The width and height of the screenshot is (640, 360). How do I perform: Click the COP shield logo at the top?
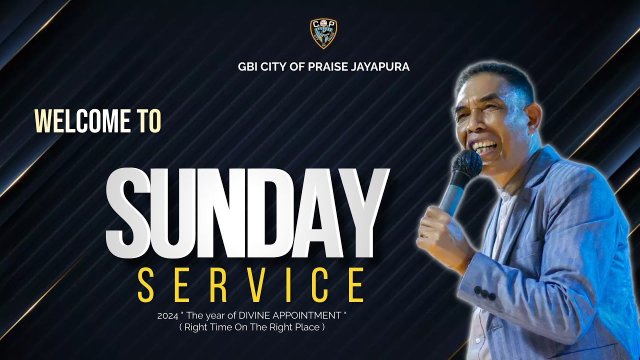pyautogui.click(x=323, y=33)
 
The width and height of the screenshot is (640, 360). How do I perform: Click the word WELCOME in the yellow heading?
pyautogui.click(x=78, y=121)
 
